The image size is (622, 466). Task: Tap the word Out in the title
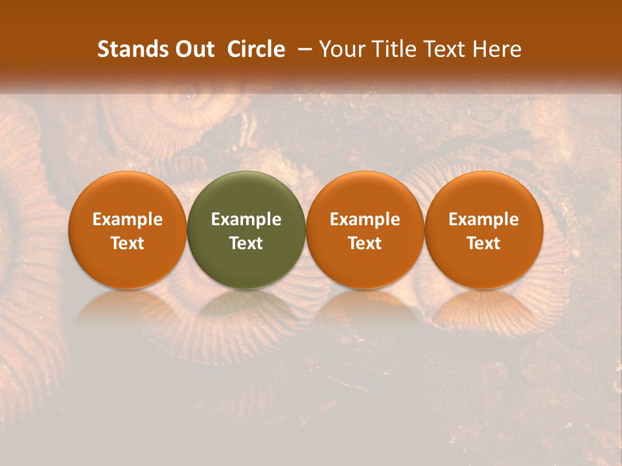pos(194,49)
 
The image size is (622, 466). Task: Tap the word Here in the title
pos(498,49)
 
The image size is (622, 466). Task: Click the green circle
pos(246,230)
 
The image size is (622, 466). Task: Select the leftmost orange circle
pos(128,230)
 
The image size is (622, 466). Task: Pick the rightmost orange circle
pos(484,230)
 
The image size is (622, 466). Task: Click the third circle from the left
pos(365,230)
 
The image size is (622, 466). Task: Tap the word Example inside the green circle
pos(246,219)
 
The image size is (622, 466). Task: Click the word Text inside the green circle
pos(246,243)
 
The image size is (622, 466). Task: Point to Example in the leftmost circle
pos(128,219)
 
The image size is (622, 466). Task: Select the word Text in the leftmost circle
pos(128,243)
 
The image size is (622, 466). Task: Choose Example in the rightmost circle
pos(484,219)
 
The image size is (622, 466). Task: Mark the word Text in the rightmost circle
pos(484,243)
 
